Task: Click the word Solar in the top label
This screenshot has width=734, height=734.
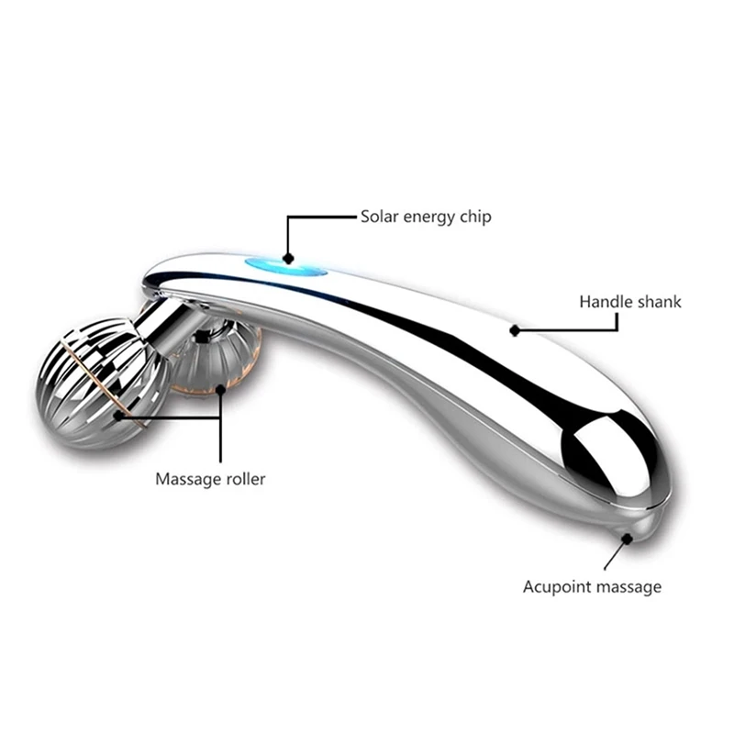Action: [378, 217]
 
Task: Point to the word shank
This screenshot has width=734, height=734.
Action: [658, 301]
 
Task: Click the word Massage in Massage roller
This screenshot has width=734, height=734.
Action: [186, 479]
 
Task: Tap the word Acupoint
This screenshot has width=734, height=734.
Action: [560, 586]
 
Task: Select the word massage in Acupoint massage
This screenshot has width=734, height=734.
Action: [628, 587]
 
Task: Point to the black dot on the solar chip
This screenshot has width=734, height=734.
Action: [288, 259]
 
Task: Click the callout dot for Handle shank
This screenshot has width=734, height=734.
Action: [516, 328]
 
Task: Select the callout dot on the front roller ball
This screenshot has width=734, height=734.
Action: [118, 416]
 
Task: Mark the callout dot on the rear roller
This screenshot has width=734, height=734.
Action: [220, 389]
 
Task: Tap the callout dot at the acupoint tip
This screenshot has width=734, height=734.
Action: [628, 539]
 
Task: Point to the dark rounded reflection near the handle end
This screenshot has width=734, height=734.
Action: [606, 450]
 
